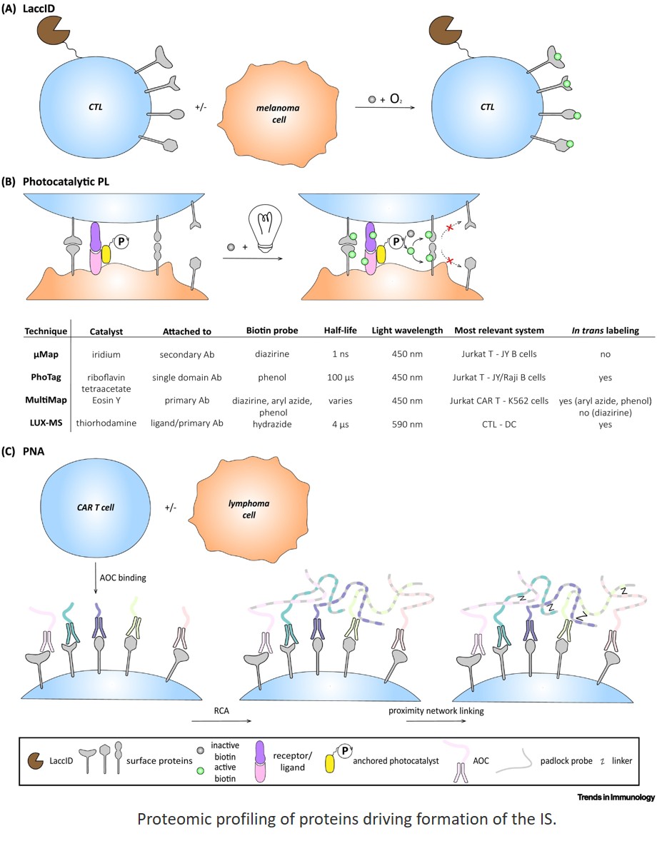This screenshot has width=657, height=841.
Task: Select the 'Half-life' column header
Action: click(338, 331)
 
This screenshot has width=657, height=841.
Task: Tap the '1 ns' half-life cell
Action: click(338, 353)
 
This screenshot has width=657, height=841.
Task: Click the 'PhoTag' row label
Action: click(46, 377)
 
